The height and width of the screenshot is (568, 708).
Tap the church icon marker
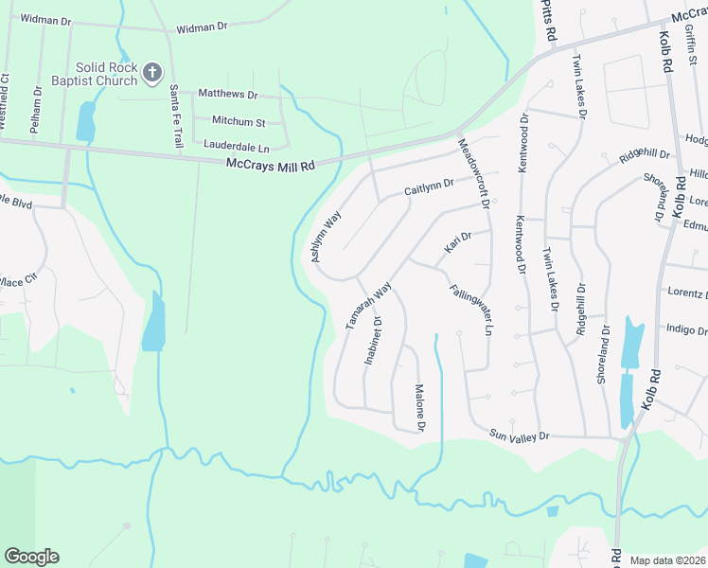pos(151,71)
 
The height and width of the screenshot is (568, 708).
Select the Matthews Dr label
pos(226,95)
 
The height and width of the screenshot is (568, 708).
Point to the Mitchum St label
pos(239,121)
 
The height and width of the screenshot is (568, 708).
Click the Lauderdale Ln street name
pos(237,148)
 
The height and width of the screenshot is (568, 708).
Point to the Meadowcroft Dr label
pos(472,174)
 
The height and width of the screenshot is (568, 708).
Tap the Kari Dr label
pos(458,246)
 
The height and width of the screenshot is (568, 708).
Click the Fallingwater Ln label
pos(470,311)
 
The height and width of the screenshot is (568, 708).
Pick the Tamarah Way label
pos(368,305)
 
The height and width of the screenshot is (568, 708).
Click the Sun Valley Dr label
pos(519,435)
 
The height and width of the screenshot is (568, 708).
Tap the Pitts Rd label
pos(549,20)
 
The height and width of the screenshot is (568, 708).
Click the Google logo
pos(31,557)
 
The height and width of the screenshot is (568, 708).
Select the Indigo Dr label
pos(686,330)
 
